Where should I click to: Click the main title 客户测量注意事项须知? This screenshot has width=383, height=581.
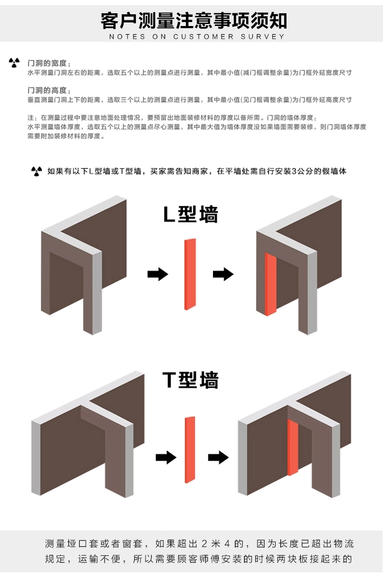194,20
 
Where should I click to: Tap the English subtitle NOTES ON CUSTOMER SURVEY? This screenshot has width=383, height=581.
197,37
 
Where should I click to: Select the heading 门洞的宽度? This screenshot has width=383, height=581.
47,63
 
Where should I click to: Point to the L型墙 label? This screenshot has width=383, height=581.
190,215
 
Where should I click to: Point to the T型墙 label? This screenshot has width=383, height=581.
190,380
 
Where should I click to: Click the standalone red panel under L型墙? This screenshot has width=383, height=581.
189,274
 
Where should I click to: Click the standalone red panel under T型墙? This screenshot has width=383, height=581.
189,449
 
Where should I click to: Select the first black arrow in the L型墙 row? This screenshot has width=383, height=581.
157,274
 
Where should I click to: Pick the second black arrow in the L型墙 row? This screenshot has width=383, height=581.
223,274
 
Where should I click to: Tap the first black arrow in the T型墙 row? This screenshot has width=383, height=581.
165,457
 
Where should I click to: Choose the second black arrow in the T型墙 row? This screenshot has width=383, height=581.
218,457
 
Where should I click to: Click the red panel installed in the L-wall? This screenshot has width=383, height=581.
271,284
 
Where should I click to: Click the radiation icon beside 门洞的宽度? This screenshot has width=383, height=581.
14,63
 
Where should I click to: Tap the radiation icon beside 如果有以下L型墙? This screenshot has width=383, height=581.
36,171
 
